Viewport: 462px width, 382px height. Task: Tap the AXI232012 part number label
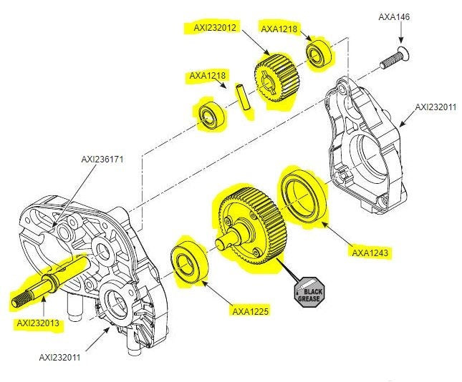pyautogui.click(x=215, y=28)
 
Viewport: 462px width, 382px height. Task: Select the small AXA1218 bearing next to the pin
pyautogui.click(x=210, y=117)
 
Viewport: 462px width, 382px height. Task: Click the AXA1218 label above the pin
pyautogui.click(x=208, y=75)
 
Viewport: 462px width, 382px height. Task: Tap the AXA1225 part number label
pyautogui.click(x=250, y=310)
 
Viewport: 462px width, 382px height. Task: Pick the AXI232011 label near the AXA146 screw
pyautogui.click(x=435, y=107)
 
